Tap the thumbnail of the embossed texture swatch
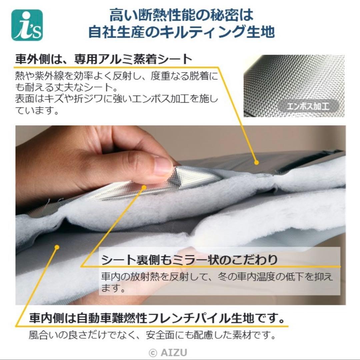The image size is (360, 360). point(294,86)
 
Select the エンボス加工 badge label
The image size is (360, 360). point(308,106)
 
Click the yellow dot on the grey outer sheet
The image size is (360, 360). point(256,163)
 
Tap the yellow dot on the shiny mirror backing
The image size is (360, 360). point(144,187)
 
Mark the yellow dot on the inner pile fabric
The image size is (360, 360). point(57,247)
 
